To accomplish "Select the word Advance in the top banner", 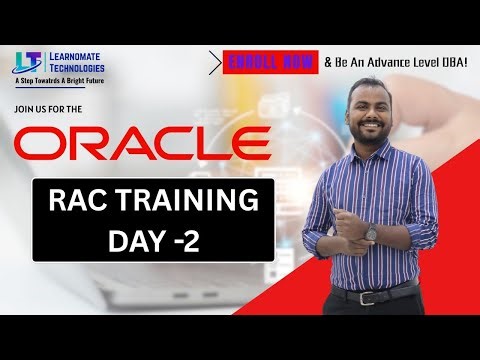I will pyautogui.click(x=386, y=62).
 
